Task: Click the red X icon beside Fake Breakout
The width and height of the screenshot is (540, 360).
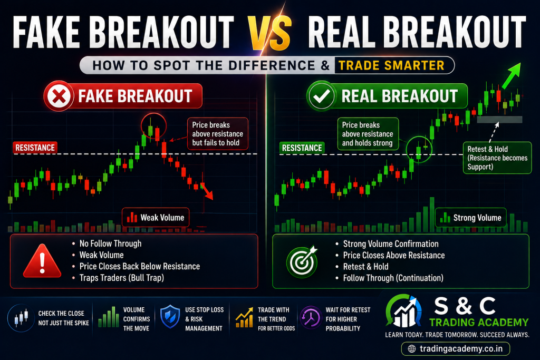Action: coord(59,96)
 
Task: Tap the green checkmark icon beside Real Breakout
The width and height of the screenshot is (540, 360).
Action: coord(321,96)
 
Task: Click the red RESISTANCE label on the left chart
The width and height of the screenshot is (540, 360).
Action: coord(35,148)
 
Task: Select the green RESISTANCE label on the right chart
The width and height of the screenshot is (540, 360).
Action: coord(302,148)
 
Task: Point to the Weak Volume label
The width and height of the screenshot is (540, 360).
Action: coord(156,218)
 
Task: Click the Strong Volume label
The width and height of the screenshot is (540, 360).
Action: coord(471,218)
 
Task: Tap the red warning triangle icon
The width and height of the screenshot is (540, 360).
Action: coord(42,261)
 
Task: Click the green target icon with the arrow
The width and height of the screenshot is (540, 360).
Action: coord(302,261)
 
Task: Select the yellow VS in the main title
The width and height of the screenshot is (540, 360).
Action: coord(271,32)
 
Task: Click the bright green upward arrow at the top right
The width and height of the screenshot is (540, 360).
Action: coord(512,75)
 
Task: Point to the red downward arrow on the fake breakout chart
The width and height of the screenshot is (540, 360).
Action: coord(207,191)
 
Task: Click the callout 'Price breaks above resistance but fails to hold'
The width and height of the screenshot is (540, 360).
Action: coord(218,134)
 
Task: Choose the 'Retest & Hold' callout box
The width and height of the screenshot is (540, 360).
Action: coord(497,158)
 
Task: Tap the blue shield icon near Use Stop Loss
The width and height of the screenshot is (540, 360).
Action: coord(170,316)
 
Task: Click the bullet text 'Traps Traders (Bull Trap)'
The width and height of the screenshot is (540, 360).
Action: coord(122,278)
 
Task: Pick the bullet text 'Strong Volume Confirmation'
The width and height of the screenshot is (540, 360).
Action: coord(391,244)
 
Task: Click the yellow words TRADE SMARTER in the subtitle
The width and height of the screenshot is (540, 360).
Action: coord(392,65)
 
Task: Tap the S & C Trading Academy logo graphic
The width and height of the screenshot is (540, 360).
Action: coord(403,311)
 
